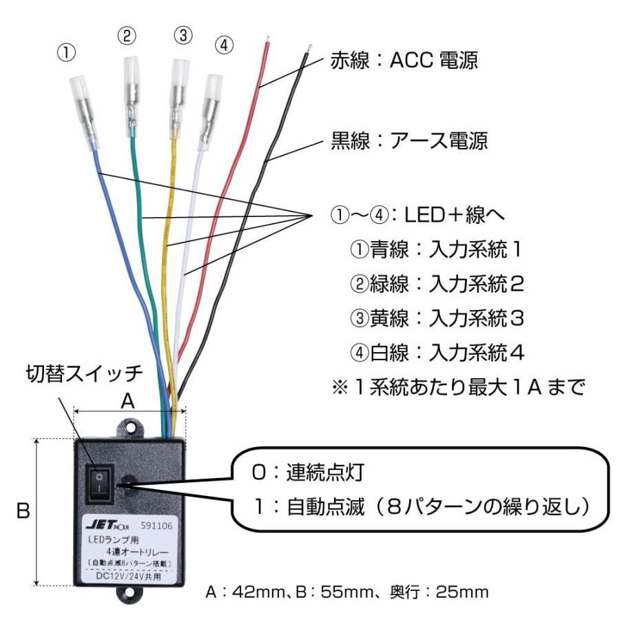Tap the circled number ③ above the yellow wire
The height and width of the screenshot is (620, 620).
tap(182, 37)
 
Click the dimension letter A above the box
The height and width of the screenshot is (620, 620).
tap(127, 400)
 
